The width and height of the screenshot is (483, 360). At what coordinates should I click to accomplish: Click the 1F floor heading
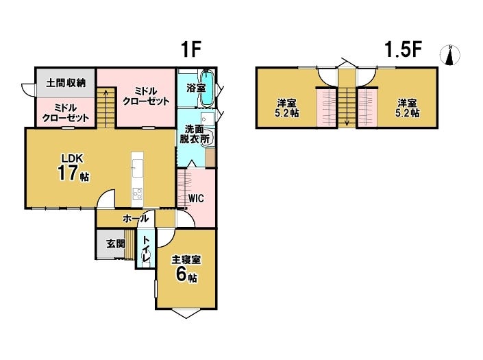[191, 49]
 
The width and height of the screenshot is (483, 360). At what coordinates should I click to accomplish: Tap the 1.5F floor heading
[403, 49]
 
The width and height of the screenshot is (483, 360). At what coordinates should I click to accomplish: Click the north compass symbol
[450, 55]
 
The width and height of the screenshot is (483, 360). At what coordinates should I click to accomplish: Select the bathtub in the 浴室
[208, 88]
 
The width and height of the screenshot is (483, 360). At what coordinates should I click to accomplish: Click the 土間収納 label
[66, 83]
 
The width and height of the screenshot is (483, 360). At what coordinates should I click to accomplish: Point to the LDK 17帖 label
[73, 168]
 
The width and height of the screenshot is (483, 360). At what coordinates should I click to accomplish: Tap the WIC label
[196, 198]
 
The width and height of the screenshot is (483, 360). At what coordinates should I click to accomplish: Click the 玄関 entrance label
[116, 244]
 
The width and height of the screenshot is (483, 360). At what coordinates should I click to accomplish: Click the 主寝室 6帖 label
[186, 268]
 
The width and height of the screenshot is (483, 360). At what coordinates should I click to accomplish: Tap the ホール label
[136, 219]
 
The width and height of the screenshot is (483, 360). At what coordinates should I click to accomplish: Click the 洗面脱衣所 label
[195, 134]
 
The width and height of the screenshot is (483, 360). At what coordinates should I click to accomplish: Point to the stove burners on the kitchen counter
[138, 194]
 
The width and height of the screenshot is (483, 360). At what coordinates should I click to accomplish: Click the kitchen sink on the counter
[138, 168]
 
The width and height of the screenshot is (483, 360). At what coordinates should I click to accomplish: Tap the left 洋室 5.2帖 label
[286, 108]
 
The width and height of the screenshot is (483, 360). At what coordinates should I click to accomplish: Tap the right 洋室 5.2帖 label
[407, 108]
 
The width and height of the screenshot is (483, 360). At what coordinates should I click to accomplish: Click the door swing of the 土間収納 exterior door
[27, 90]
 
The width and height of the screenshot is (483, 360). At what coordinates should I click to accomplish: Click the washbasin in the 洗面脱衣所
[207, 119]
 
